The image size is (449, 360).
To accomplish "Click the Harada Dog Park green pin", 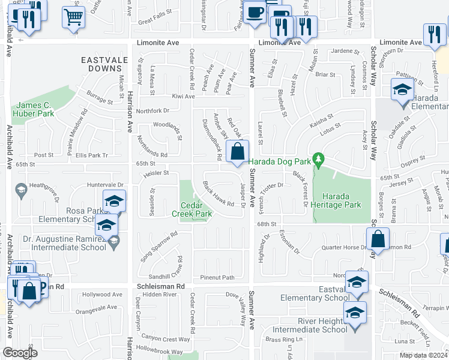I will pyautogui.click(x=319, y=160).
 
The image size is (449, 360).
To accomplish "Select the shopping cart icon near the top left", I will pyautogui.click(x=73, y=17).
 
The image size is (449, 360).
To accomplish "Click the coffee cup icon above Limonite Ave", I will pyautogui.click(x=254, y=12).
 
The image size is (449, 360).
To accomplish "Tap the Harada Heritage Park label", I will pyautogui.click(x=342, y=200).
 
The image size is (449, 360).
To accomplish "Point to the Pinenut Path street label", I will pyautogui.click(x=217, y=277).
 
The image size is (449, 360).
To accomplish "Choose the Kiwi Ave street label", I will pyautogui.click(x=183, y=96).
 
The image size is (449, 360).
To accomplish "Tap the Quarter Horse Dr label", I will pyautogui.click(x=345, y=247).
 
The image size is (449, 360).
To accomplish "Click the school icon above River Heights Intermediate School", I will pyautogui.click(x=355, y=313).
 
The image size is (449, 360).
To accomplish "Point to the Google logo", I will pyautogui.click(x=19, y=353).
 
